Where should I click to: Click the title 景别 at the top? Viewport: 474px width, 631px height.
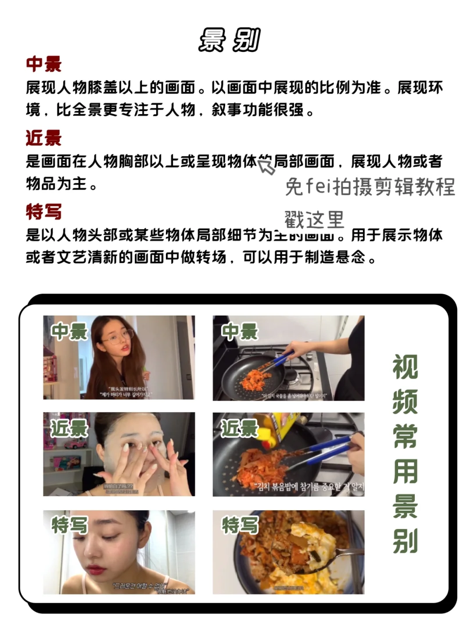coord(229,40)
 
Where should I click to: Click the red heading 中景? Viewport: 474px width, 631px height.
coord(43,64)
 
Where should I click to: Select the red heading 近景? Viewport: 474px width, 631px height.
coord(43,138)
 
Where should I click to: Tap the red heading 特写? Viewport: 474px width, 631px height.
coord(43,212)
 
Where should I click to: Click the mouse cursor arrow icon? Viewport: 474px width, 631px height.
coord(266,166)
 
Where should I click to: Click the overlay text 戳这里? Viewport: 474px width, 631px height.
coord(314,219)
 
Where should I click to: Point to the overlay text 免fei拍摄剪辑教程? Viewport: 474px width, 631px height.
coord(370,187)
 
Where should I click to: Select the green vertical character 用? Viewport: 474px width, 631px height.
coord(405,471)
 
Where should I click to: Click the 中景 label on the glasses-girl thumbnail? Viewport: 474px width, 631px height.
coord(69,332)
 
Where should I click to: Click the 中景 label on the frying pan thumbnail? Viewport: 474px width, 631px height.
coord(240,332)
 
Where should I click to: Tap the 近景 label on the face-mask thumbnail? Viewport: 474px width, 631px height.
coord(69,429)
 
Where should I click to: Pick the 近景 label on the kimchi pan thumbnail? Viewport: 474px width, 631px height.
coord(240,429)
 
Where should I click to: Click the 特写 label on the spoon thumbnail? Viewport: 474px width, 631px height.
coord(240,525)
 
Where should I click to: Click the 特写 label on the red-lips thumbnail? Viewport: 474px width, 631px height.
coord(69,525)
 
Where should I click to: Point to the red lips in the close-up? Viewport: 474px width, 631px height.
coord(96,570)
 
